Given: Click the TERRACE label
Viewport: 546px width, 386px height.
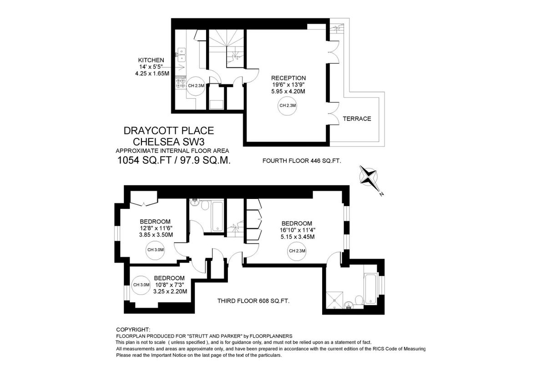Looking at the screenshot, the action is pyautogui.click(x=357, y=119).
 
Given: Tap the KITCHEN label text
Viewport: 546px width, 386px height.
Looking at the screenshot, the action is pyautogui.click(x=151, y=60).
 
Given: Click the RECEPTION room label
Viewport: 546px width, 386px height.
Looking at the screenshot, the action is pyautogui.click(x=288, y=78).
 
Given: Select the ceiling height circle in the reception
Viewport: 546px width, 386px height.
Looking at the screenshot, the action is pyautogui.click(x=288, y=106).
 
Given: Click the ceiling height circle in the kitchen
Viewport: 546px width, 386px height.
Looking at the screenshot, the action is pyautogui.click(x=196, y=86).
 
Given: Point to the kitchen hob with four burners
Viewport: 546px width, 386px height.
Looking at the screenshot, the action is pyautogui.click(x=181, y=82).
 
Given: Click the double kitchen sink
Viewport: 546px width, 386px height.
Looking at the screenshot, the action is pyautogui.click(x=182, y=55).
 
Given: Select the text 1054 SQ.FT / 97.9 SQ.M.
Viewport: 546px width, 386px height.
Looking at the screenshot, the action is pyautogui.click(x=174, y=160).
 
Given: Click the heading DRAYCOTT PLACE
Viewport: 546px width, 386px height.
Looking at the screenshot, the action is pyautogui.click(x=169, y=131).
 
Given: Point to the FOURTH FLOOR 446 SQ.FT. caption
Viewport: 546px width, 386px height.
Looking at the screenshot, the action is pyautogui.click(x=302, y=161).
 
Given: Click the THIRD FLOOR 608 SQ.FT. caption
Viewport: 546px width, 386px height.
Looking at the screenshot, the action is pyautogui.click(x=253, y=301).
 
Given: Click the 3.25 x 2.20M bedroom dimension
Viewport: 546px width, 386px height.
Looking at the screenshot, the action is pyautogui.click(x=170, y=291).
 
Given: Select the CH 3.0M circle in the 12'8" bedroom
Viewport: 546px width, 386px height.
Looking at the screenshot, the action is pyautogui.click(x=156, y=250).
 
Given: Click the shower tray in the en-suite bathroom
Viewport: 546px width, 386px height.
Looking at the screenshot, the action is pyautogui.click(x=334, y=300).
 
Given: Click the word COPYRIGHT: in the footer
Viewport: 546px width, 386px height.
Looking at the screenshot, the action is pyautogui.click(x=133, y=330).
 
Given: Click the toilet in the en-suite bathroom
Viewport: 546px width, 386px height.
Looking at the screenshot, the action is pyautogui.click(x=359, y=300).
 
